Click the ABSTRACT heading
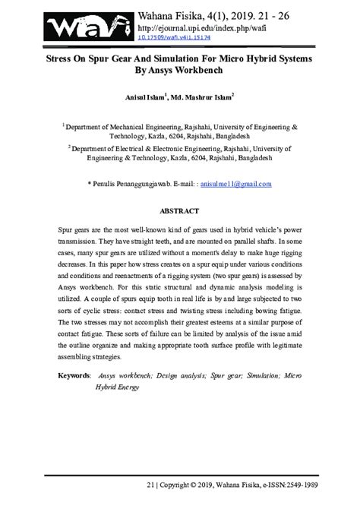click(x=179, y=210)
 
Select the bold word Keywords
click(x=75, y=375)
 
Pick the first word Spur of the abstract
click(x=66, y=228)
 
